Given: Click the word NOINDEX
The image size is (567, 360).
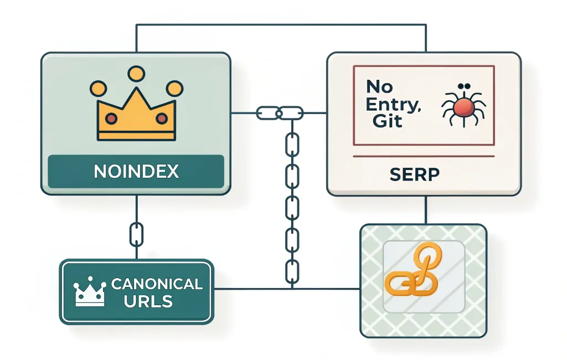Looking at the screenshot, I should click(136, 172).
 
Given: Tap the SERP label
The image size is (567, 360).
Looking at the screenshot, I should click(414, 174).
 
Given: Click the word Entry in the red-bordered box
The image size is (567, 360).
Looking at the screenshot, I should click(393, 104).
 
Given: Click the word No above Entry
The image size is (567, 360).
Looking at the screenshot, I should click(379, 87).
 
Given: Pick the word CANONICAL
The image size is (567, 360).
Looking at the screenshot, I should click(157, 284).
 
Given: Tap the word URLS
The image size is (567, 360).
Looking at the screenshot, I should click(148, 302).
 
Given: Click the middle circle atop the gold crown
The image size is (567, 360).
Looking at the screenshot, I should click(136, 73).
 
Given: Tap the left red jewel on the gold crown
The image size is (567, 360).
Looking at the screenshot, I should click(111, 118).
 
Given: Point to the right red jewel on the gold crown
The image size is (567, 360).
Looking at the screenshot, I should click(161, 118).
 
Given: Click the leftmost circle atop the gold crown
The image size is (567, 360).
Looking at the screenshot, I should click(97, 88).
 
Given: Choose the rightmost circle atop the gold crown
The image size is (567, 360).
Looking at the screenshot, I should click(174, 88).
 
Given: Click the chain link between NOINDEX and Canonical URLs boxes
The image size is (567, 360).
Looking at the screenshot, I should click(136, 234).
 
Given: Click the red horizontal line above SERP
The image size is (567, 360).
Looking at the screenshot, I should click(424, 157).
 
